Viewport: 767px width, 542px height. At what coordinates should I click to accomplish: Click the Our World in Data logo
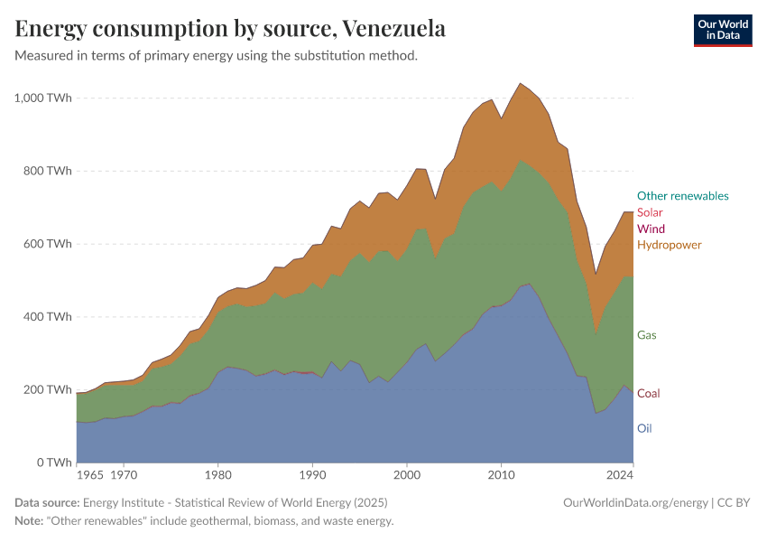tap(722, 30)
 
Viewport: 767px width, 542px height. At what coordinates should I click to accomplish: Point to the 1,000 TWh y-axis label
tap(42, 98)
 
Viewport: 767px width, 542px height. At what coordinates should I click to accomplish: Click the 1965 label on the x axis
tap(90, 473)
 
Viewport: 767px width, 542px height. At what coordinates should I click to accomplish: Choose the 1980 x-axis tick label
tap(217, 473)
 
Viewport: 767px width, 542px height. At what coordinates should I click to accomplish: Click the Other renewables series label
tap(682, 195)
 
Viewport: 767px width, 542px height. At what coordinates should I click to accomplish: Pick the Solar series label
tap(650, 212)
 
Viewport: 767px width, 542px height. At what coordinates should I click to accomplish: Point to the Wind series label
tap(651, 229)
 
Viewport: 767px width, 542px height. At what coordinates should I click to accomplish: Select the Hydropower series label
tap(669, 245)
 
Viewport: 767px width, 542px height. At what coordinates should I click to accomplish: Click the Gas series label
tap(647, 335)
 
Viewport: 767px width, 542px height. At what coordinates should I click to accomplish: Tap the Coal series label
tap(649, 394)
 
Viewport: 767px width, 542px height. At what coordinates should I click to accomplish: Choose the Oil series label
tap(644, 428)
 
